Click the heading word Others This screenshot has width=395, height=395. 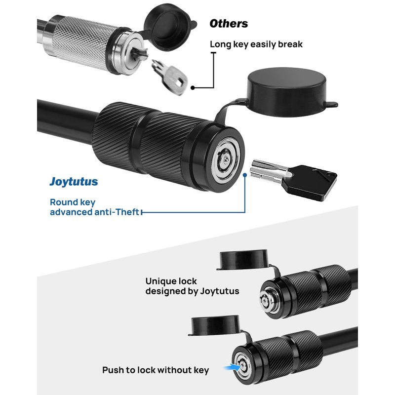coord(229,24)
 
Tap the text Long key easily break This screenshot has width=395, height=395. coord(256,44)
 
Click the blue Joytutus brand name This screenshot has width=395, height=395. coord(74,182)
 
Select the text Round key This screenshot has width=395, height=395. coord(73,202)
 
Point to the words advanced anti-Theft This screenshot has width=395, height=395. coord(94,212)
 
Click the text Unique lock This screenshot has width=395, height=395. coord(171,281)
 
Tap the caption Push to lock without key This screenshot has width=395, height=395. coord(156,370)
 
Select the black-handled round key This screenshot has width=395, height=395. coord(293,179)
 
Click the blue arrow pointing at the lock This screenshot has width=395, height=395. coord(232,367)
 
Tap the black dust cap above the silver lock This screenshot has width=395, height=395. coord(169,28)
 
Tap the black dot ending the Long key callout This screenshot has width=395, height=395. coord(193,88)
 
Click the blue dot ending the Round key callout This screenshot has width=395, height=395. coord(244,175)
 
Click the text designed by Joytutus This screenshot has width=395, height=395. coord(192,291)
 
